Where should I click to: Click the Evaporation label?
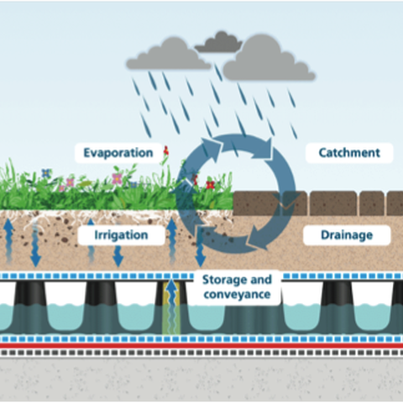coord(118,153)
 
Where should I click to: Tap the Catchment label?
coord(349,153)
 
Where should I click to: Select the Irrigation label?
coord(121,235)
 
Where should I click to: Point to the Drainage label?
coord(347,235)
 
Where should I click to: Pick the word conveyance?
coord(237,295)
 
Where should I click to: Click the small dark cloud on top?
coord(218,42)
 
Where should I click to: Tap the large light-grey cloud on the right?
coord(270,58)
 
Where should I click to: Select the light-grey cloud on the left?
coord(168,54)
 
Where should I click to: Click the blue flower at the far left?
coord(46,173)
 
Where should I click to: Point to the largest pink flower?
coord(118,178)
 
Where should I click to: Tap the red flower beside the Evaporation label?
coord(166,150)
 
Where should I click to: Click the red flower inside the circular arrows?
coord(210,185)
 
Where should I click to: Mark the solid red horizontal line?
coord(201,345)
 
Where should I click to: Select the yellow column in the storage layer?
coord(171,307)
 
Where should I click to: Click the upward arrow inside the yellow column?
coord(171,305)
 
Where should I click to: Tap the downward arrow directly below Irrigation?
coord(118,256)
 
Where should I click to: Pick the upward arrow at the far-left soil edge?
coord(8,241)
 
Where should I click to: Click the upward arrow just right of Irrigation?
coord(171,241)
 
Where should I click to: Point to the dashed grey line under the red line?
coord(201,353)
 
